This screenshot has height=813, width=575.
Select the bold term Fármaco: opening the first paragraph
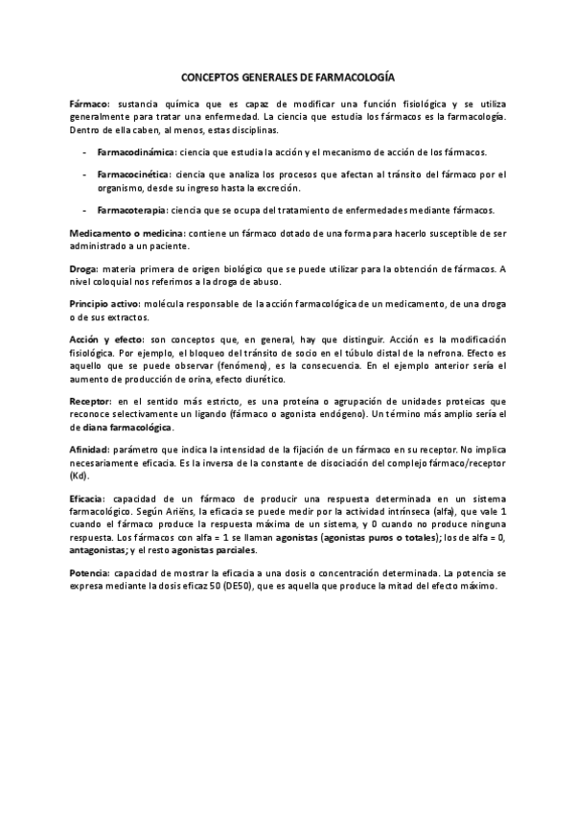pyautogui.click(x=90, y=102)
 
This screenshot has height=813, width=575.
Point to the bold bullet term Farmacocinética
pyautogui.click(x=135, y=174)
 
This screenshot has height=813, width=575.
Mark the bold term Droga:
pyautogui.click(x=84, y=269)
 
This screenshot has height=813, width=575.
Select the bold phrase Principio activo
pyautogui.click(x=105, y=303)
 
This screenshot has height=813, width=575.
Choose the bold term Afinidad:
pyautogui.click(x=90, y=449)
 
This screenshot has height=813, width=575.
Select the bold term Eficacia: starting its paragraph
pyautogui.click(x=89, y=499)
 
